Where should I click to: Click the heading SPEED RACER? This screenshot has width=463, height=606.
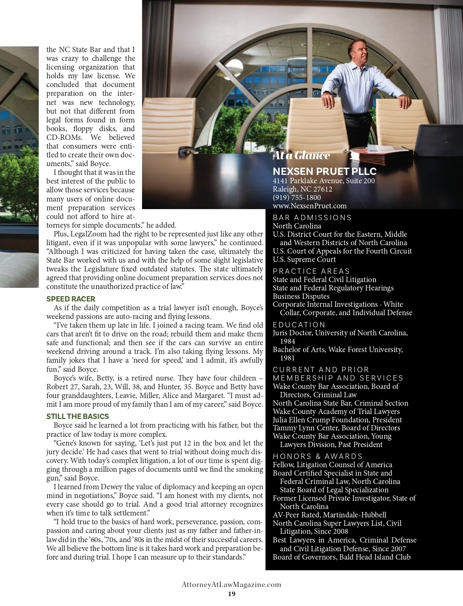pyautogui.click(x=71, y=299)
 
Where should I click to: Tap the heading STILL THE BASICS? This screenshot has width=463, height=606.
pyautogui.click(x=77, y=416)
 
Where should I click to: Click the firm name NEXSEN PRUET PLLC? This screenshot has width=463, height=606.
pyautogui.click(x=324, y=171)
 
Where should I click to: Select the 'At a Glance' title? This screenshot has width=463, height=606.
pyautogui.click(x=301, y=155)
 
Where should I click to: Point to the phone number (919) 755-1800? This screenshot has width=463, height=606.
pyautogui.click(x=297, y=197)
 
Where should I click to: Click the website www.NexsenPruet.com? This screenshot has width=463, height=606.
pyautogui.click(x=310, y=206)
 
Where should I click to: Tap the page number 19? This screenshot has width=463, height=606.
pyautogui.click(x=232, y=594)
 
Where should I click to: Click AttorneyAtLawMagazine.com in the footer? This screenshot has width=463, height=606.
pyautogui.click(x=232, y=585)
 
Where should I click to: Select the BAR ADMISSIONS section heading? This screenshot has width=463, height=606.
pyautogui.click(x=312, y=217)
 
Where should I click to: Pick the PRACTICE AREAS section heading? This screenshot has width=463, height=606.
pyautogui.click(x=311, y=271)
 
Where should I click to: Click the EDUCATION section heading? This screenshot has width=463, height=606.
pyautogui.click(x=299, y=325)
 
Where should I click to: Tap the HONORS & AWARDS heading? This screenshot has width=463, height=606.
pyautogui.click(x=318, y=456)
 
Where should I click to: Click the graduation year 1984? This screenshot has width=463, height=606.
pyautogui.click(x=288, y=341)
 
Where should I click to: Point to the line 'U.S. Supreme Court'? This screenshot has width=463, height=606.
pyautogui.click(x=304, y=259)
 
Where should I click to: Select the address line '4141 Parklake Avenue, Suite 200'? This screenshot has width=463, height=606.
pyautogui.click(x=324, y=181)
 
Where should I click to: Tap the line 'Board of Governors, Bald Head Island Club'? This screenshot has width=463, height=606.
pyautogui.click(x=341, y=557)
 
